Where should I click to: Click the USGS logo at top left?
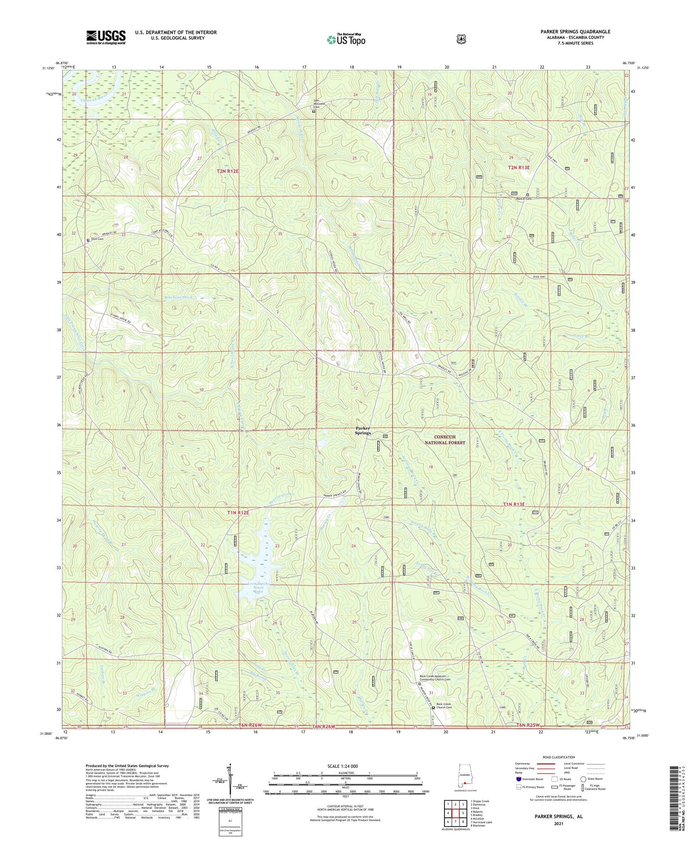(106, 37)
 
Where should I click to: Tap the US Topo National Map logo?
(346, 39)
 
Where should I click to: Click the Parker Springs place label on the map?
(363, 430)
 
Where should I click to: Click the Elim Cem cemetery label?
(97, 239)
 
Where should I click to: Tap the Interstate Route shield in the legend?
(518, 779)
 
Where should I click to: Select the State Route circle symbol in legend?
(583, 779)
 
